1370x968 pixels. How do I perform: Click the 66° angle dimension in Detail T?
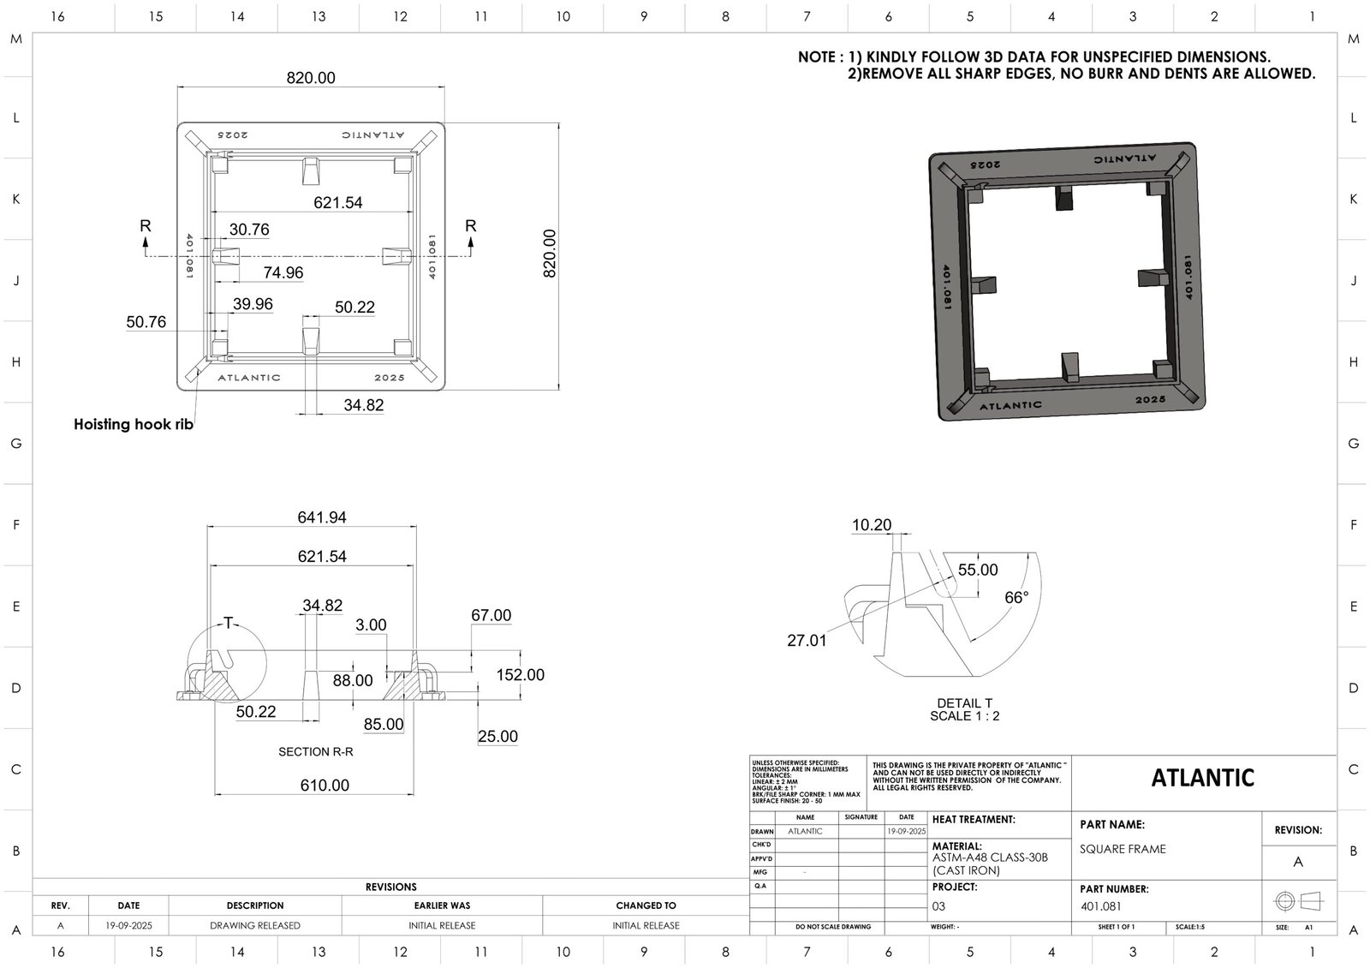(x=1016, y=598)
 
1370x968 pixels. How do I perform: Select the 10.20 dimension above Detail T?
(x=872, y=525)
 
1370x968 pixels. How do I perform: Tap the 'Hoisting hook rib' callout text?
(x=134, y=424)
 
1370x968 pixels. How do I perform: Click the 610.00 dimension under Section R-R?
(x=325, y=785)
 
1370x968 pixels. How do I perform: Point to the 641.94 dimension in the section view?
(x=322, y=517)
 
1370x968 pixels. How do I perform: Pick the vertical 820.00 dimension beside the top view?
(x=550, y=254)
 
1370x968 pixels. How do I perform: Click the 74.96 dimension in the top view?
(x=283, y=272)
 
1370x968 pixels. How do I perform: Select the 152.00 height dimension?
(x=521, y=675)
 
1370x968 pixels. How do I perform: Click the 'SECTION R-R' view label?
(x=316, y=752)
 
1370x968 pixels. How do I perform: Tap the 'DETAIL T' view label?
(x=965, y=703)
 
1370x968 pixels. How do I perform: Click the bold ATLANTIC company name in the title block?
(x=1203, y=778)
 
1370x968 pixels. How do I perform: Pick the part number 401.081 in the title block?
(x=1101, y=906)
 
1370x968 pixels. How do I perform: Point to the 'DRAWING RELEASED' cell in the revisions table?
(x=255, y=925)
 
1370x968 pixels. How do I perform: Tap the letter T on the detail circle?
(x=229, y=623)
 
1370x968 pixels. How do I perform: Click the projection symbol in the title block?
(x=1299, y=901)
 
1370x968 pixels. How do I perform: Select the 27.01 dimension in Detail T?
(x=807, y=640)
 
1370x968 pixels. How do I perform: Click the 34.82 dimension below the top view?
(x=364, y=405)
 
